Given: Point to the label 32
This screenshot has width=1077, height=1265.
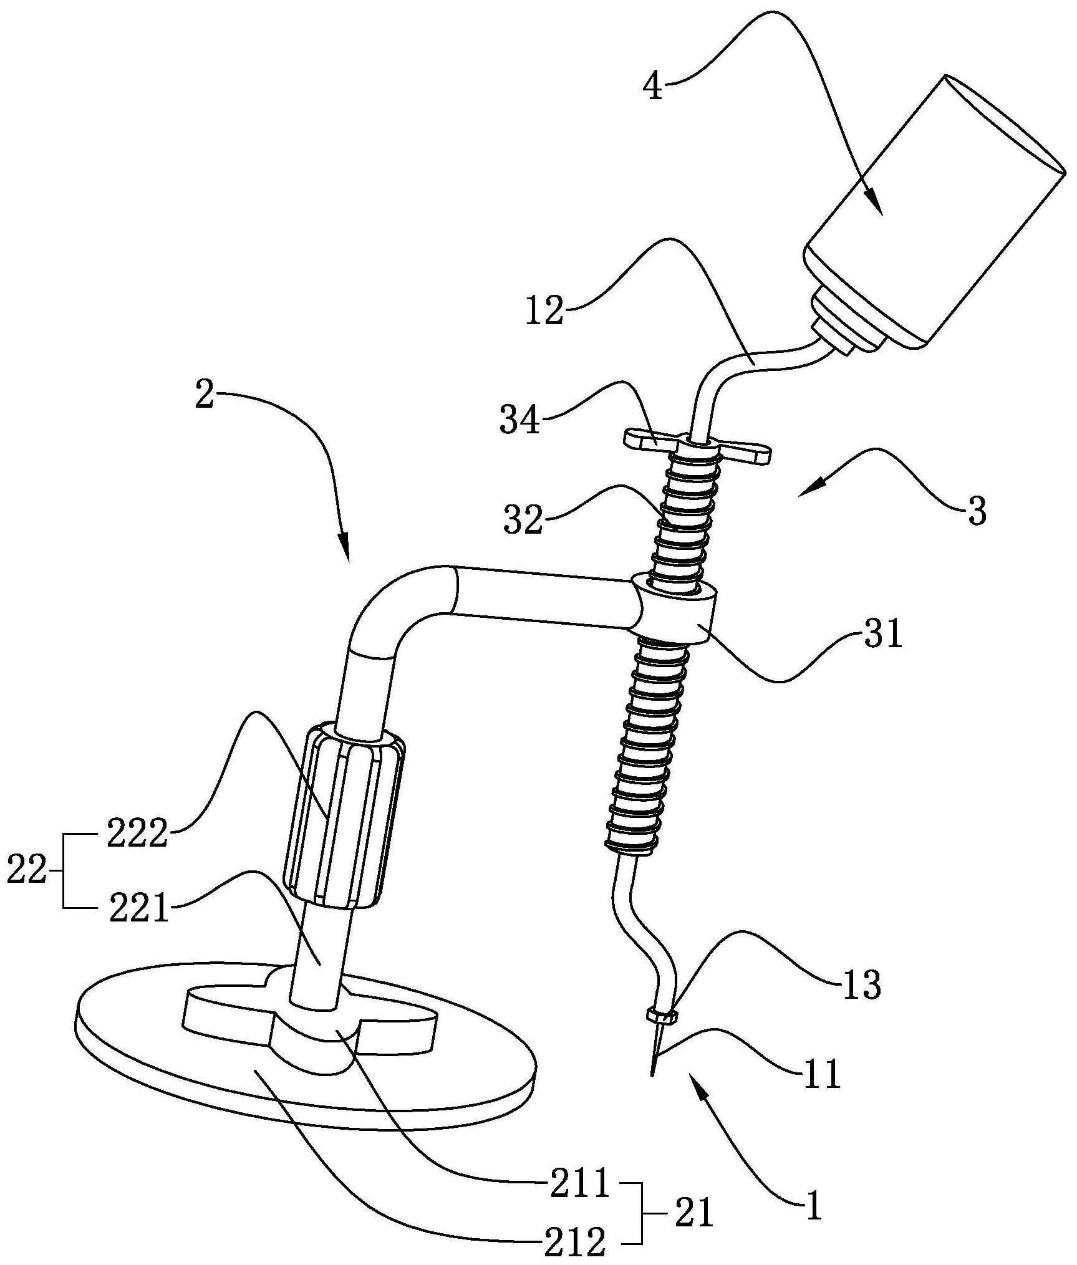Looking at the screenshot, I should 523,520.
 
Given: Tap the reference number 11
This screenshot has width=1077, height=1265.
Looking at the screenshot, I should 822,1073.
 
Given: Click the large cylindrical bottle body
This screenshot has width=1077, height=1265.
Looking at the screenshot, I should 935,212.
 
